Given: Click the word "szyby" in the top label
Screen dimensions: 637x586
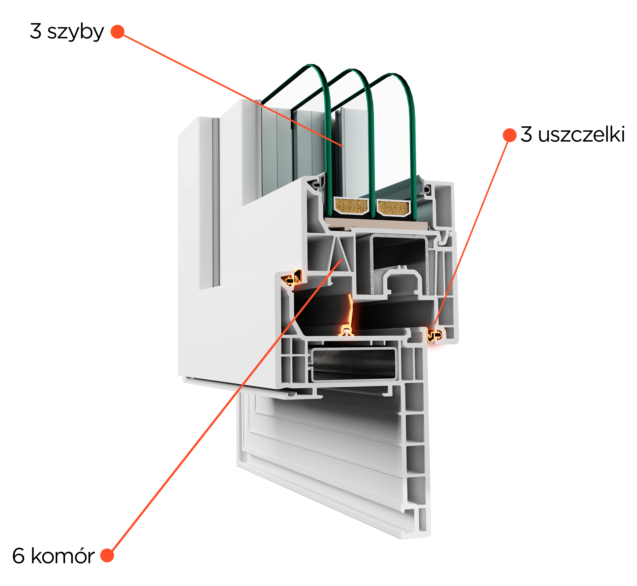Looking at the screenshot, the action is point(75,32).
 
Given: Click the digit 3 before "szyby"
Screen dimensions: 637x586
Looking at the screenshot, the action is point(35,31).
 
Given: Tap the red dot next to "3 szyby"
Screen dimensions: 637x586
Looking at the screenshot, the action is point(117,31).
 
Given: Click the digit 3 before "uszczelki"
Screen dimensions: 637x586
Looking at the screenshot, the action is point(526,134).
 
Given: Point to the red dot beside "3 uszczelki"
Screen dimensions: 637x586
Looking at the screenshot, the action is point(510,135).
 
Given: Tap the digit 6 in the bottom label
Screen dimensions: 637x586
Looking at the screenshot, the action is point(18,556).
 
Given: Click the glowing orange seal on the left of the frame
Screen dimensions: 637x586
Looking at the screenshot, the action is point(293,278).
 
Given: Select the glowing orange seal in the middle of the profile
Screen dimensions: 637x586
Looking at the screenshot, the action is point(348,315).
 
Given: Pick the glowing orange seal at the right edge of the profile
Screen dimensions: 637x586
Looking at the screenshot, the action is point(434,335).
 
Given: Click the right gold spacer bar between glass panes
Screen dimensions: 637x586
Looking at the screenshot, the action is point(393,208).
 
